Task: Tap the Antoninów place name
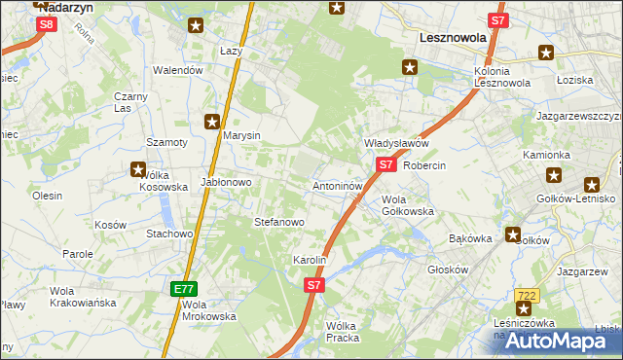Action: (x=338, y=185)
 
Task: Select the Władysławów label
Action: (x=396, y=143)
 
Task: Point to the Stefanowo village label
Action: (x=279, y=222)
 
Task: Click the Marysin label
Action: (x=241, y=135)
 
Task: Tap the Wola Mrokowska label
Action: (x=208, y=309)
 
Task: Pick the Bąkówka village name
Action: (x=470, y=237)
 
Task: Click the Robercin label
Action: (x=424, y=165)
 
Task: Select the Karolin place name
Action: (x=309, y=261)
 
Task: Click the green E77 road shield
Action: (x=184, y=289)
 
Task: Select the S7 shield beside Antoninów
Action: (x=385, y=165)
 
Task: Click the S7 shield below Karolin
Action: (x=312, y=285)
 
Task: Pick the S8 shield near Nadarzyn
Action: (x=46, y=23)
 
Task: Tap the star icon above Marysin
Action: (x=211, y=121)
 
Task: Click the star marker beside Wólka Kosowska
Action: (x=138, y=169)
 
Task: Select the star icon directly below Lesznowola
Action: (x=410, y=67)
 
